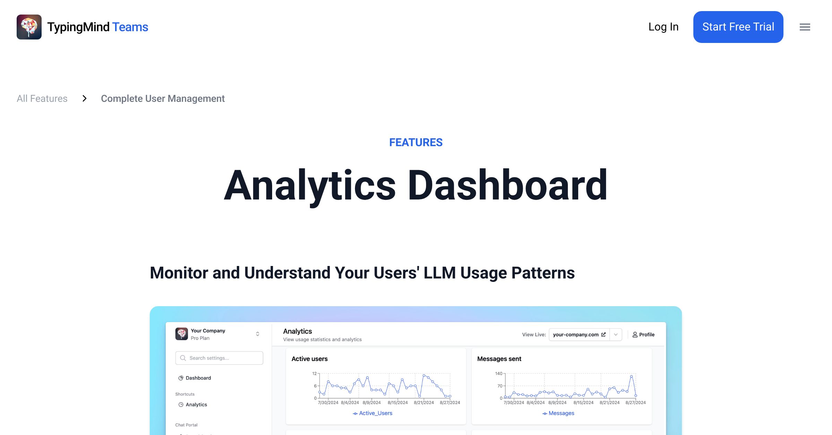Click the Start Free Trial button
(x=738, y=27)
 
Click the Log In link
(x=663, y=27)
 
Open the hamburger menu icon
(x=805, y=27)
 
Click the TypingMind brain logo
(x=29, y=27)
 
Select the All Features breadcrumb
(x=42, y=99)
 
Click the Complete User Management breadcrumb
(x=163, y=99)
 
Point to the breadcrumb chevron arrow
(x=84, y=99)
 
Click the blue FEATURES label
(x=416, y=142)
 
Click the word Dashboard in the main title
(x=507, y=185)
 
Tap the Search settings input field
(x=219, y=358)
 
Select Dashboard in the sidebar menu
(x=198, y=378)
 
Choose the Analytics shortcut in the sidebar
(x=196, y=405)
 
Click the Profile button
(x=643, y=335)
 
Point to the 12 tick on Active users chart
(x=314, y=373)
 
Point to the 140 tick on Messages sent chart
(x=499, y=373)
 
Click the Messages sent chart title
(x=499, y=359)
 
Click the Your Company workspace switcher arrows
(x=258, y=334)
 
